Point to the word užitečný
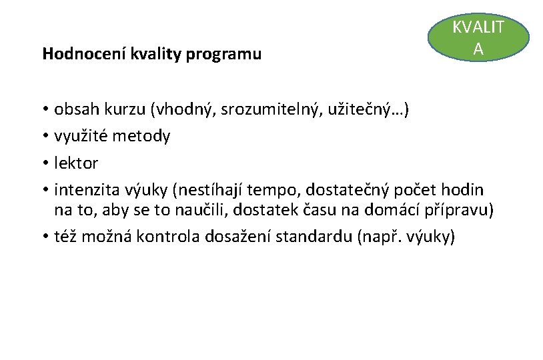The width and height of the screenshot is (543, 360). click(364, 109)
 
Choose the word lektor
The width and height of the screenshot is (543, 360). click(77, 163)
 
